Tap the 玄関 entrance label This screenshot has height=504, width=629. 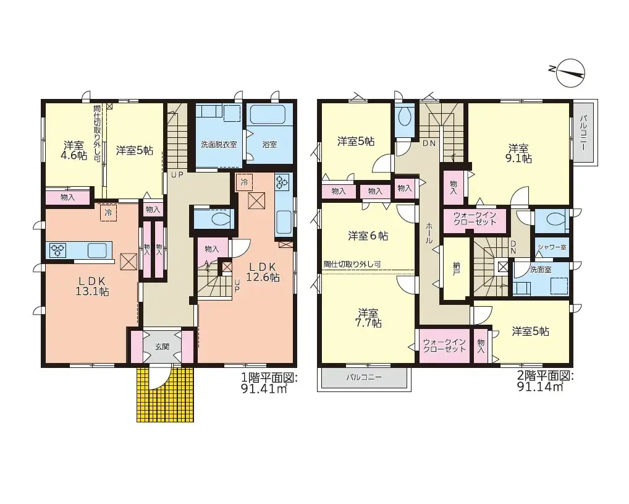tap(162, 347)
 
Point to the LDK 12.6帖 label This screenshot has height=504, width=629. tap(263, 272)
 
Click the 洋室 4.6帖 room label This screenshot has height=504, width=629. tap(74, 150)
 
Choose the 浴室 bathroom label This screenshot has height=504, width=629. tap(269, 145)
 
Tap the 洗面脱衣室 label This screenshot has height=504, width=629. tap(219, 145)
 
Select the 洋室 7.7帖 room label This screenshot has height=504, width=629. tap(368, 318)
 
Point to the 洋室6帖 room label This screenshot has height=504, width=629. tap(368, 236)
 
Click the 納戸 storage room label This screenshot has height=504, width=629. tap(456, 268)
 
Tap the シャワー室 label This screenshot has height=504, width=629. tap(552, 247)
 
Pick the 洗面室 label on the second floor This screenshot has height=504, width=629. tap(541, 270)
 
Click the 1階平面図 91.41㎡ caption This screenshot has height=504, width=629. tap(269, 383)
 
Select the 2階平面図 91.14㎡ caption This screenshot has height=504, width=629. tap(544, 381)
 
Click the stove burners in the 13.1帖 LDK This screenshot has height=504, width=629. tap(57, 250)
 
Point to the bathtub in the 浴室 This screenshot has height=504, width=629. tap(268, 115)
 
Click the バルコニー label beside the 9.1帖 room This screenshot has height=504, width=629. tap(583, 133)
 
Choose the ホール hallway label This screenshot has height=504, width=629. tap(429, 233)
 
